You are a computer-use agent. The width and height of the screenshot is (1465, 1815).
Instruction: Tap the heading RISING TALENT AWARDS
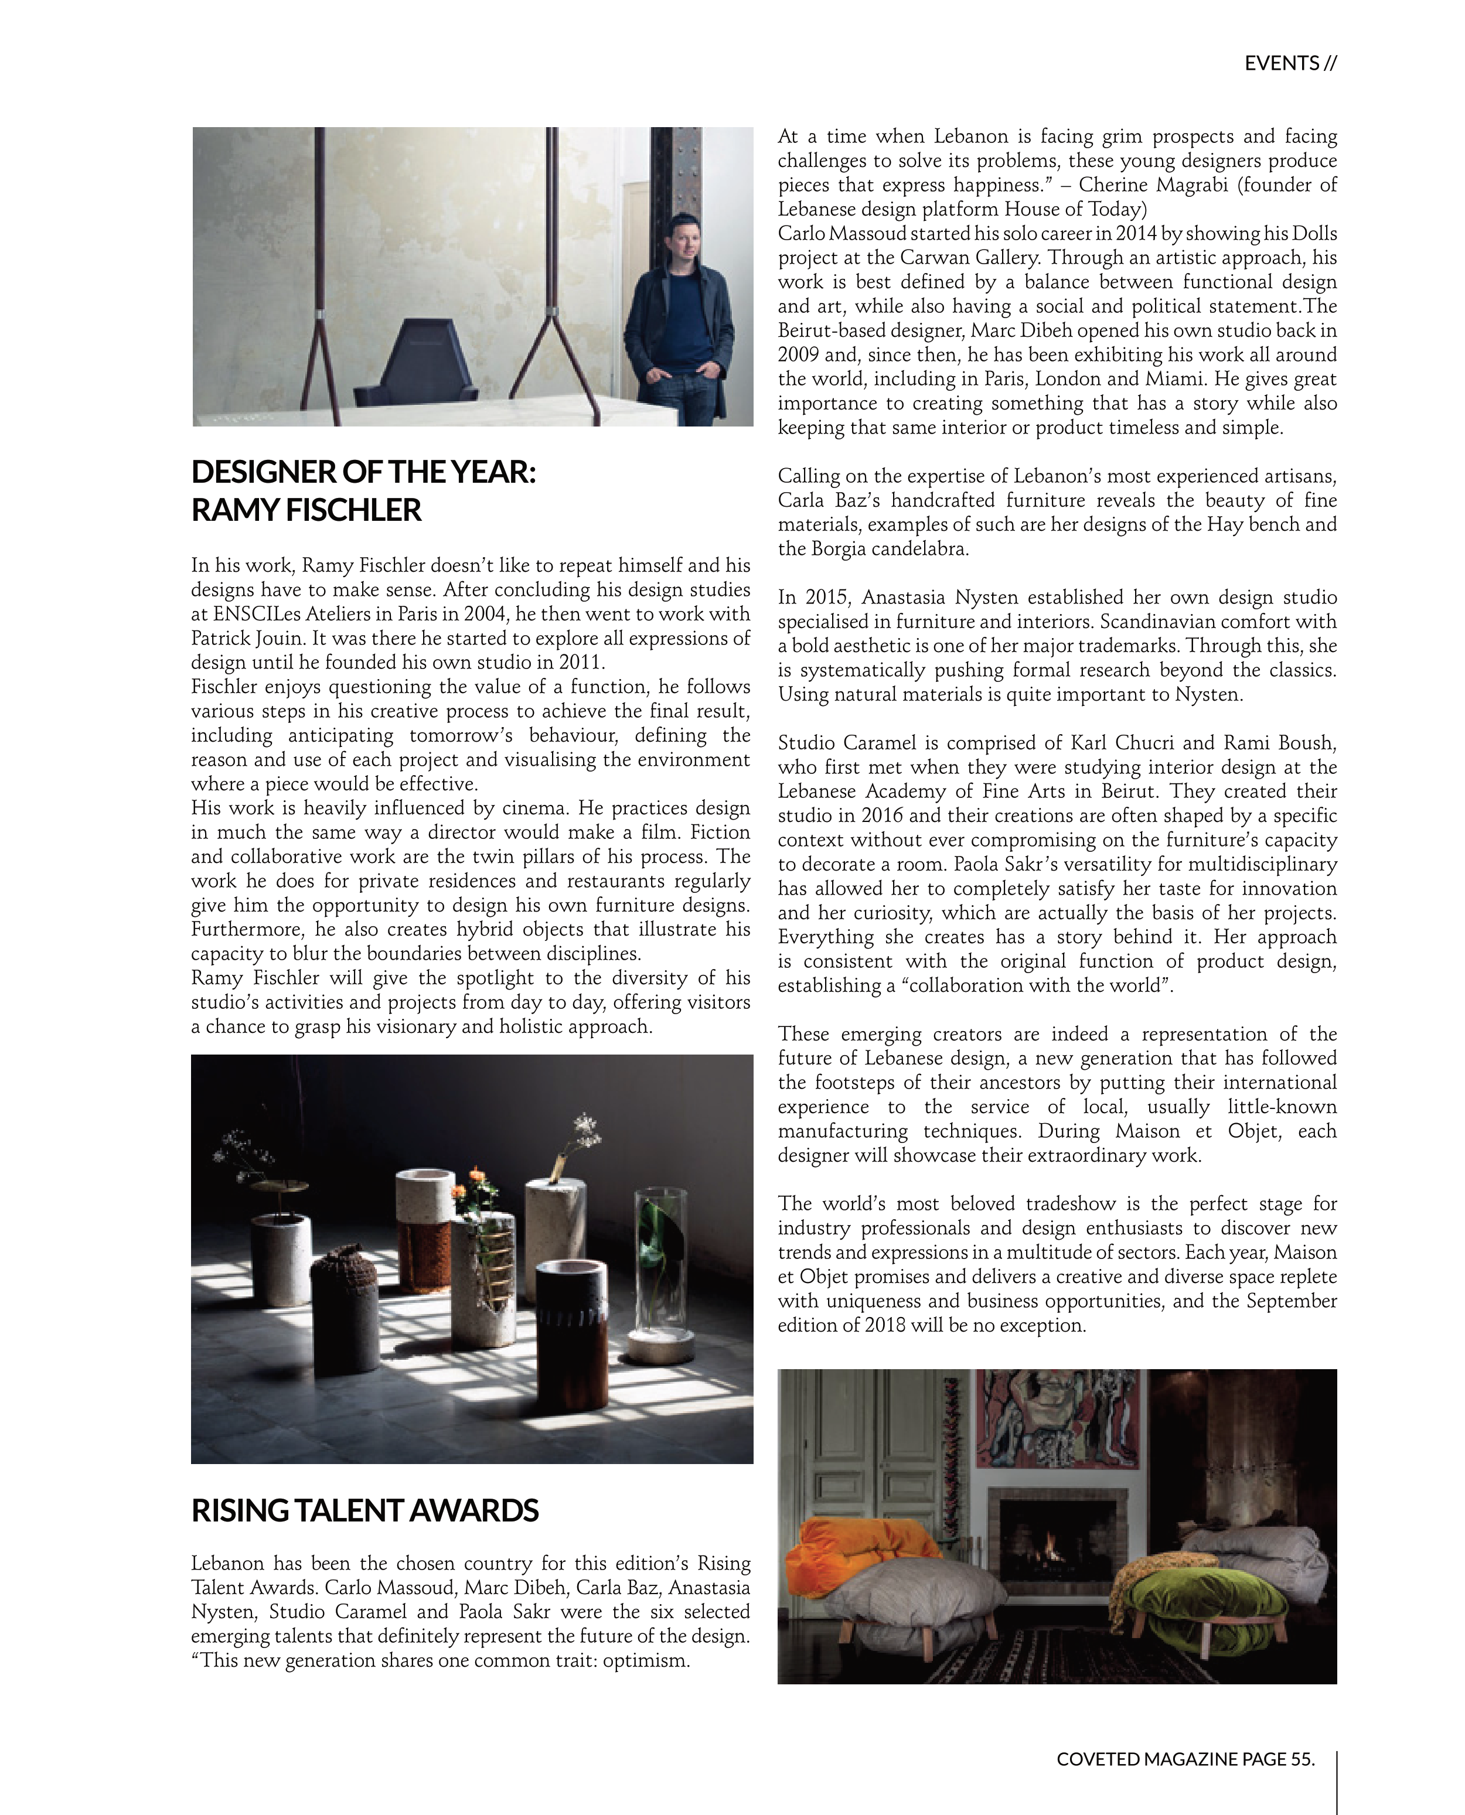tap(364, 1510)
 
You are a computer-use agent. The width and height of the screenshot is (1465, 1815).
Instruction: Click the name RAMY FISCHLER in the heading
tap(306, 510)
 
